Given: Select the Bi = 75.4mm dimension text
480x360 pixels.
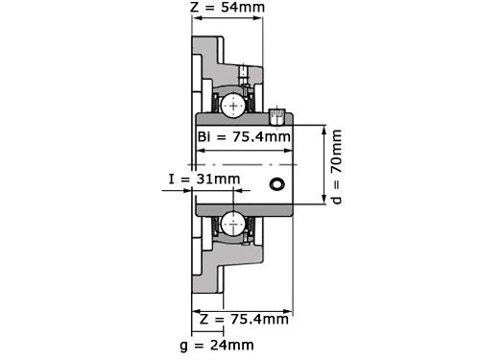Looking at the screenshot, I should [244, 136].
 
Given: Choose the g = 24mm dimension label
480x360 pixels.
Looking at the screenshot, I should [223, 344].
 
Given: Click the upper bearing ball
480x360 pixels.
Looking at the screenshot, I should [231, 106].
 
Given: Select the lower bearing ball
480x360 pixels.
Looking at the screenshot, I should [231, 226].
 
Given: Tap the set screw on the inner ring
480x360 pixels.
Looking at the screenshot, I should [277, 117].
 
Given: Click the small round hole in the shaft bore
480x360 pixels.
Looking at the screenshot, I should [277, 184].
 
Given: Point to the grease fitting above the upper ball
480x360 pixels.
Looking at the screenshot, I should [244, 73].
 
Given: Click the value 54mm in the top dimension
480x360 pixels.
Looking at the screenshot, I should [244, 9].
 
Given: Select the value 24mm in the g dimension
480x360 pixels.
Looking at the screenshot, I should [236, 344].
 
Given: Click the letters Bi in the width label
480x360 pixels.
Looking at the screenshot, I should [204, 136].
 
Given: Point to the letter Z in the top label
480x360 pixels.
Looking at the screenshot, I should [196, 9].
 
